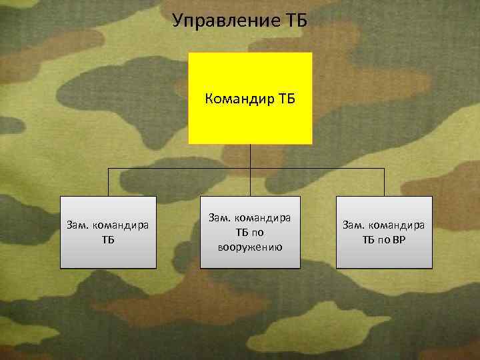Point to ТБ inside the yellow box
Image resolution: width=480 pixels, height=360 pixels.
[x=285, y=99]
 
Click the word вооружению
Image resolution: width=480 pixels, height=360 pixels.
[x=250, y=247]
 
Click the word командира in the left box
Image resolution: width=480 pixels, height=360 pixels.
[x=120, y=225]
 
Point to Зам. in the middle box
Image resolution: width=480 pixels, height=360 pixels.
[x=219, y=218]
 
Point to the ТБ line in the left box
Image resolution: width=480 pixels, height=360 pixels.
[x=108, y=239]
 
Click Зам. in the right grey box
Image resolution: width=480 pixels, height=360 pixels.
[x=353, y=225]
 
